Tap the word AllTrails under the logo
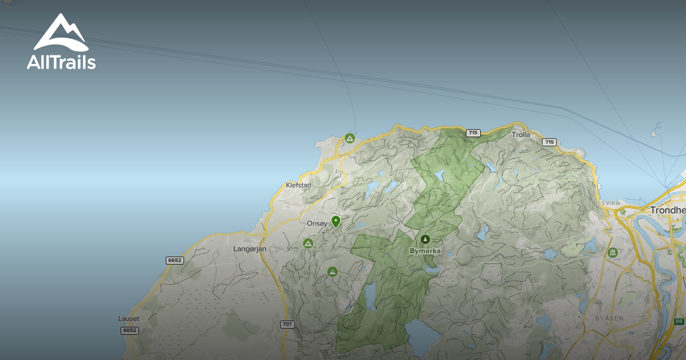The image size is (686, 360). click(61, 62)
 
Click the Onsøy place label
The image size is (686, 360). click(317, 224)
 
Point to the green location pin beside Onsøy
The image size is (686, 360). click(336, 221)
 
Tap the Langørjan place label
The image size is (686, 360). click(250, 249)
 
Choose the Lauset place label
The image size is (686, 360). click(129, 318)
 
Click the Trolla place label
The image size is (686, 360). click(521, 135)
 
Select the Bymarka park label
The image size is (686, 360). click(425, 251)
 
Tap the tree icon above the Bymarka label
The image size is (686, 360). click(425, 239)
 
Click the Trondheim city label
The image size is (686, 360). click(668, 210)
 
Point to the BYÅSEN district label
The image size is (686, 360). click(609, 318)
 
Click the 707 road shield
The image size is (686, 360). click(288, 325)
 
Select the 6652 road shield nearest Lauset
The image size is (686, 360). click(130, 331)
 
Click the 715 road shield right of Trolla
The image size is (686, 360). click(549, 142)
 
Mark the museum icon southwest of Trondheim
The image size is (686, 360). click(613, 252)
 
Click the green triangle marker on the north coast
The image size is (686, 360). click(350, 138)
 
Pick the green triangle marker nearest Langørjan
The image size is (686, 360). click(308, 244)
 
